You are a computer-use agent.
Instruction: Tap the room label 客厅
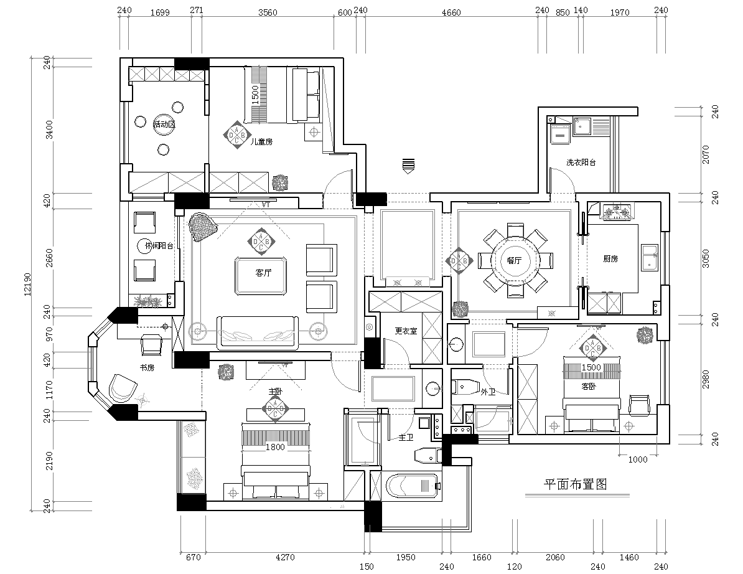[x=263, y=273]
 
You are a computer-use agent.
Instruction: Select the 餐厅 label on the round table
[x=514, y=260]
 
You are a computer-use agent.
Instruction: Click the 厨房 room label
[x=610, y=258]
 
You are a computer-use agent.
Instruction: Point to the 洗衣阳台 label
[x=581, y=162]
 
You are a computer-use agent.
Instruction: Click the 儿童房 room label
[x=261, y=142]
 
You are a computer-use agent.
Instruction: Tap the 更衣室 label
[x=406, y=331]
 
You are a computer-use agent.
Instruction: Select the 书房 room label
[x=146, y=367]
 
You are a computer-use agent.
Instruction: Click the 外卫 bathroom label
[x=488, y=392]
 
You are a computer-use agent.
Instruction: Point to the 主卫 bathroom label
[x=406, y=438]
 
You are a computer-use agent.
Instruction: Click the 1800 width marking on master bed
[x=275, y=446]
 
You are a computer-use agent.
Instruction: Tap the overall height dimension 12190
[x=27, y=284]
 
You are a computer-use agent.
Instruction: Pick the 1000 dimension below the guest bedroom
[x=638, y=460]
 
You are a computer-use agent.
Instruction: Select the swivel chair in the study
[x=122, y=389]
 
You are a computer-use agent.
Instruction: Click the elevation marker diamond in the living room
[x=261, y=241]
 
